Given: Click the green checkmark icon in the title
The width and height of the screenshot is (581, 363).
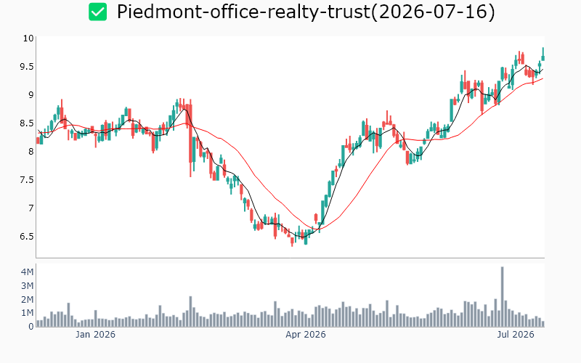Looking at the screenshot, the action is pos(97,12).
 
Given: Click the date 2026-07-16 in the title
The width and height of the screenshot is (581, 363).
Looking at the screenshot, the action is pos(433,12).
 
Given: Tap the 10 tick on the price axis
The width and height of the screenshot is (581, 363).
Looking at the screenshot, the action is pos(28,38).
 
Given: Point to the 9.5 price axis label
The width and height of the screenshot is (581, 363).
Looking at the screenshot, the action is pos(27,67).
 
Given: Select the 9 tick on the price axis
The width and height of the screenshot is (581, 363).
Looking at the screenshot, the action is pos(31,95).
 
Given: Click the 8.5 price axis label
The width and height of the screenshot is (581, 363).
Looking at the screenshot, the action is pos(27,123).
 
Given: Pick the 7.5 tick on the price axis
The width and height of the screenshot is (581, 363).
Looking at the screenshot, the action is pos(27,179).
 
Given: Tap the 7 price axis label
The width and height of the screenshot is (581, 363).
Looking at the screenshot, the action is pos(31,208).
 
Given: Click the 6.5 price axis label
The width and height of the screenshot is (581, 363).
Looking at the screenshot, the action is pos(27,237).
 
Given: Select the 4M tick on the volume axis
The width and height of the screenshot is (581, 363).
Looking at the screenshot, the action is pos(27,272).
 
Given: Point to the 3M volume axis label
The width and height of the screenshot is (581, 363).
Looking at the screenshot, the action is pos(27,285).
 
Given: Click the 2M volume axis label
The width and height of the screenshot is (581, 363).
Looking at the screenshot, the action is pos(27,299).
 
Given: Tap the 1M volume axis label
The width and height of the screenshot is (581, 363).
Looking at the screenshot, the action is pos(27,313).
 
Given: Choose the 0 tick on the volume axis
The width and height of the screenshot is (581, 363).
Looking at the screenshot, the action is pos(31,327).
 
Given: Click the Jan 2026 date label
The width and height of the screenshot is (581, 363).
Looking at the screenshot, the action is pos(95,335).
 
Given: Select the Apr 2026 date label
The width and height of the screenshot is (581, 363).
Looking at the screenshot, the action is pos(305,335).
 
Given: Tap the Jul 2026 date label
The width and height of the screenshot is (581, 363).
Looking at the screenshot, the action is pos(516,335).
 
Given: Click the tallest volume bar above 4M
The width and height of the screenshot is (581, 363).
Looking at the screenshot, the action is pos(502,297).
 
